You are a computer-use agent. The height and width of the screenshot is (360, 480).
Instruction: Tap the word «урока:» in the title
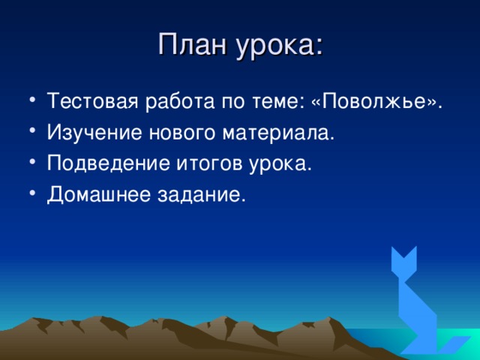(280, 48)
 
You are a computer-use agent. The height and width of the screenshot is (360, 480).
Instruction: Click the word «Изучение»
(94, 133)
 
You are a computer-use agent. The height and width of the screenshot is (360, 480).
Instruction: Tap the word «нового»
(181, 134)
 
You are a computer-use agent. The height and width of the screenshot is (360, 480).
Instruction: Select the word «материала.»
(278, 134)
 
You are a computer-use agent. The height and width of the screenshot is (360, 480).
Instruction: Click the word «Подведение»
(108, 163)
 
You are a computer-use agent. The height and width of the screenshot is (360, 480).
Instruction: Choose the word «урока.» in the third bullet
(280, 165)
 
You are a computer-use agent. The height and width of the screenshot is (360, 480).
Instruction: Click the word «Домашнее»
(99, 195)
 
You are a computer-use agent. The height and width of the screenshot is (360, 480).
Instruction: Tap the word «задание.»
(202, 195)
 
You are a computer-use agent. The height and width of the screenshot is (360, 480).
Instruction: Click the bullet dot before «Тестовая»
(33, 101)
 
